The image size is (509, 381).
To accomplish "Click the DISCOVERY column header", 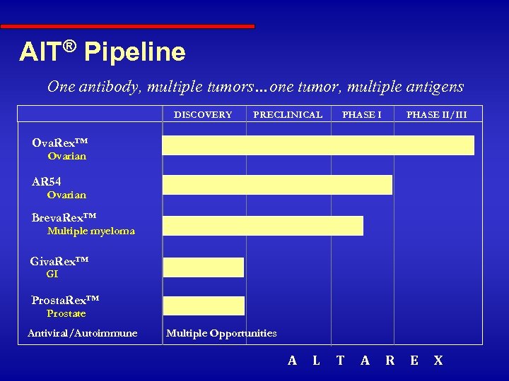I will coord(203,114).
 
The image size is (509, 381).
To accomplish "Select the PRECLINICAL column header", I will coord(288,114).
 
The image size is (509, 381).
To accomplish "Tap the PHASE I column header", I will coord(361,114).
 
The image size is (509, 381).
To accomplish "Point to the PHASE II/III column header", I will coord(436,114).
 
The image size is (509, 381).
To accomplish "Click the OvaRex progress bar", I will coord(318,145).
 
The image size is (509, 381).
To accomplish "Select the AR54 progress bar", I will coord(277,184).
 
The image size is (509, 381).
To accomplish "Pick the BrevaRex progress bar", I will coord(263,225).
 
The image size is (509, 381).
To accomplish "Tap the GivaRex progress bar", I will coord(204,267).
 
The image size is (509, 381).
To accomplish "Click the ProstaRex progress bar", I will coord(204,306).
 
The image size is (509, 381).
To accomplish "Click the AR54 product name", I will coord(47,182).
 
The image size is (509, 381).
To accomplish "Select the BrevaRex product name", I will coord(64,217).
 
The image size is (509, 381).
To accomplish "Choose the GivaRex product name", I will coord(59,262).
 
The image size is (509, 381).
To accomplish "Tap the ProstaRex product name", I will coord(65,301).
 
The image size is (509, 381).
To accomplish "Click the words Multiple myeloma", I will coord(90,231).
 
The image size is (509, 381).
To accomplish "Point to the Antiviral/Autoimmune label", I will coord(82,333).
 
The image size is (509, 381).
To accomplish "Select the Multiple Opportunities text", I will coord(221,333).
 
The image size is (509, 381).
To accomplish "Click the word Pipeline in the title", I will coord(134,52).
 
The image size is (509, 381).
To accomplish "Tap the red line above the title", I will coord(127,27).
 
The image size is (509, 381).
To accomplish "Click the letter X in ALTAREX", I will coord(438,361).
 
